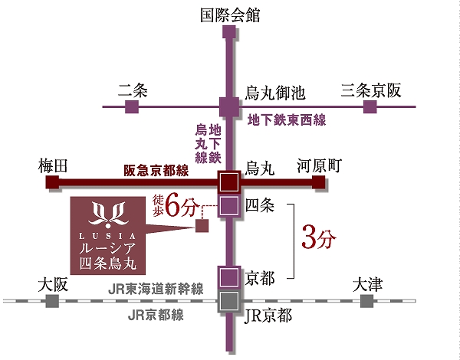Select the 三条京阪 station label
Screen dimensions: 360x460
pyautogui.click(x=371, y=90)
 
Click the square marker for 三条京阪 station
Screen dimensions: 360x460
pyautogui.click(x=371, y=106)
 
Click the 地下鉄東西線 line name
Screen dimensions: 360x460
pyautogui.click(x=287, y=119)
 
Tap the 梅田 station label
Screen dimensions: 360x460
pyautogui.click(x=53, y=165)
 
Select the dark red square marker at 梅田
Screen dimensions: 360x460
pyautogui.click(x=53, y=182)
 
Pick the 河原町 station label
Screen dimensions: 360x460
pyautogui.click(x=318, y=165)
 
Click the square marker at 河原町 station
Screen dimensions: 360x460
pyautogui.click(x=318, y=182)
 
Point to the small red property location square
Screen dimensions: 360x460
pyautogui.click(x=202, y=226)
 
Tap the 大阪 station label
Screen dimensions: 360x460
pyautogui.click(x=53, y=285)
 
